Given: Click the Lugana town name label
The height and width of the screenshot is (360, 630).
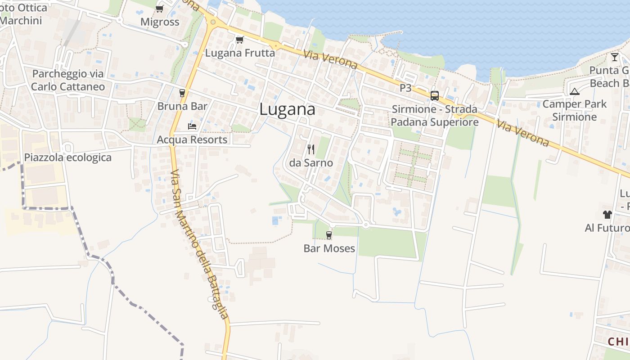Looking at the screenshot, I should [x=288, y=110].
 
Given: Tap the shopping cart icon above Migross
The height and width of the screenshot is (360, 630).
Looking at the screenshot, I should [x=159, y=9].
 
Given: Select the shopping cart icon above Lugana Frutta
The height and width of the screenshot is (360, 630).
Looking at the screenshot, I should [x=239, y=40].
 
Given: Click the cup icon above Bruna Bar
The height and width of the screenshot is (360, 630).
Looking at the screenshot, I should [x=182, y=93].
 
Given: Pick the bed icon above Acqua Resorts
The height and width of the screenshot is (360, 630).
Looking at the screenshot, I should [x=192, y=126].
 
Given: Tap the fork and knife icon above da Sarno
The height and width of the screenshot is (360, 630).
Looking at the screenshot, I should [x=311, y=149].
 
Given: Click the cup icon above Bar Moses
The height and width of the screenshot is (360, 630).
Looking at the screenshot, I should [x=329, y=235].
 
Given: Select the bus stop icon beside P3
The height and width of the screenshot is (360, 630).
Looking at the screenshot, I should [x=434, y=95].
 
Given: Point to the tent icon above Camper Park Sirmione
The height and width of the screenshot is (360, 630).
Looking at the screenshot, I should [x=574, y=91].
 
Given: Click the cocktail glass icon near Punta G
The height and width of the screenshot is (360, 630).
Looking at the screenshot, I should [x=615, y=57].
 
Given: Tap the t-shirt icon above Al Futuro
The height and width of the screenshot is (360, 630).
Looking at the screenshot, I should [x=607, y=215].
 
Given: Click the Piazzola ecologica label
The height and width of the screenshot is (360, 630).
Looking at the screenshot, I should [x=67, y=157].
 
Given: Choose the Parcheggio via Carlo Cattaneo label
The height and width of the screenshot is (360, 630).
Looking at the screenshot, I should [x=68, y=80].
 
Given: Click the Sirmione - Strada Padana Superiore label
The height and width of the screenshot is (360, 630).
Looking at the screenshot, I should [x=434, y=116].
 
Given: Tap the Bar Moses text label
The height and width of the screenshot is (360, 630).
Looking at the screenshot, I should [x=329, y=248].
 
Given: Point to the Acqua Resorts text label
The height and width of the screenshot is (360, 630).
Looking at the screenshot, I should [x=192, y=139].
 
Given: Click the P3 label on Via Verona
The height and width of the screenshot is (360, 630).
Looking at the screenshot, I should [x=405, y=88].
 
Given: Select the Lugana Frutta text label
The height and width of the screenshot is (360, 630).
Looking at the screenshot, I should [x=240, y=53].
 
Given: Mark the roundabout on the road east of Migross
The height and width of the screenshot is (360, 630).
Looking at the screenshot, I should [x=213, y=21].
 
